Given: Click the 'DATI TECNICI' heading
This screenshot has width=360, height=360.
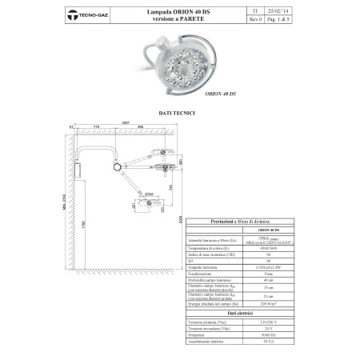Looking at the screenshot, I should (178, 114).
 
